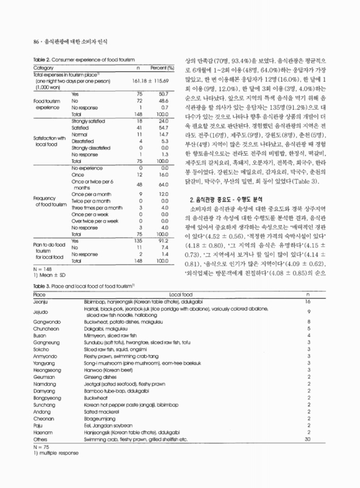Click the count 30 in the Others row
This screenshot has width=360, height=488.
[308, 439]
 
